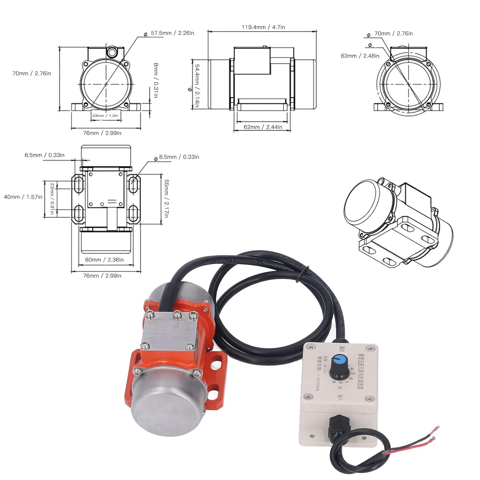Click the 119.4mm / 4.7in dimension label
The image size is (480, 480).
pyautogui.click(x=263, y=27)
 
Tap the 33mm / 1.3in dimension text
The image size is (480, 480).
pyautogui.click(x=105, y=116)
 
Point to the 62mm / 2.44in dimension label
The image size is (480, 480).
pyautogui.click(x=263, y=127)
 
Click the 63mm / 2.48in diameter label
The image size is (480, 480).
pyautogui.click(x=360, y=56)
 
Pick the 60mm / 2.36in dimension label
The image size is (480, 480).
pyautogui.click(x=104, y=260)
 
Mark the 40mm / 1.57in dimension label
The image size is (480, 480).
pyautogui.click(x=23, y=197)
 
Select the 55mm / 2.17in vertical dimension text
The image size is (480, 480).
pyautogui.click(x=166, y=198)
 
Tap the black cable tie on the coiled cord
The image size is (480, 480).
pyautogui.click(x=298, y=275)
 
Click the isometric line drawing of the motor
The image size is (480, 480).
pyautogui.click(x=398, y=224)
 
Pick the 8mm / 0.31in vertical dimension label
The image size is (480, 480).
pyautogui.click(x=156, y=80)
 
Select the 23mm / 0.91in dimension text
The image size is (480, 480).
pyautogui.click(x=52, y=198)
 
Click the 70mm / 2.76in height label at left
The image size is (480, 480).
pyautogui.click(x=31, y=73)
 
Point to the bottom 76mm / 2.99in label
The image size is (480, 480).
pyautogui.click(x=102, y=276)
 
